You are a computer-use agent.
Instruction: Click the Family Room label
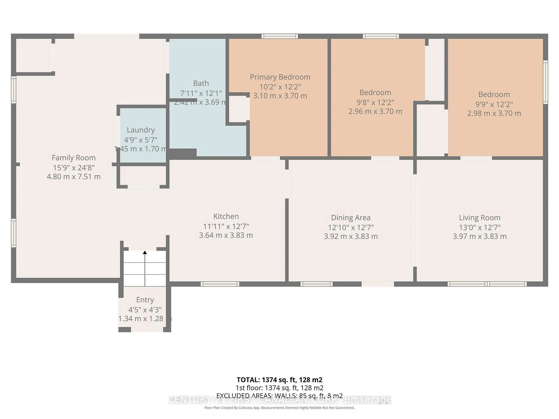74,158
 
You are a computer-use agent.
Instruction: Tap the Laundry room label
141,130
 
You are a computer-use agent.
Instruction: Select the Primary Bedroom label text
280,77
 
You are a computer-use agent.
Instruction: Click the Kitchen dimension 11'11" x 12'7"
226,226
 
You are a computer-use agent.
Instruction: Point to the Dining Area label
351,218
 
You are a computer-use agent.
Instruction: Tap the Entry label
145,300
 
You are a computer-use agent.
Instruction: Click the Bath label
201,83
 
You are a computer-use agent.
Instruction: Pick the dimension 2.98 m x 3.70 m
494,113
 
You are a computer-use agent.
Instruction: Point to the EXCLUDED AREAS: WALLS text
279,396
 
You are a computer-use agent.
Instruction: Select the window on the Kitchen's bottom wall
220,284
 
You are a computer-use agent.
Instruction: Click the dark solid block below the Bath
182,153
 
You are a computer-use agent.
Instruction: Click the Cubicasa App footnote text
279,408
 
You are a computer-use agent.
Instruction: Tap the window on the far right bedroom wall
545,82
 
